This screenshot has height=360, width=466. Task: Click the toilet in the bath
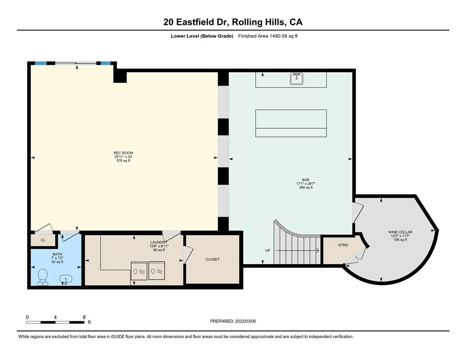43,277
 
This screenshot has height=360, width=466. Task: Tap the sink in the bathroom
66,279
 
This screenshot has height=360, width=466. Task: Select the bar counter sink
296,79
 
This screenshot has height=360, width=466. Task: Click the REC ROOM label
123,153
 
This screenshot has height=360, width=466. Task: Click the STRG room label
343,245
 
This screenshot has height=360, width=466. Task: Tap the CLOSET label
213,260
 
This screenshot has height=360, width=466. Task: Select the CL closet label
43,240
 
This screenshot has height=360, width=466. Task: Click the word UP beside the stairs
268,250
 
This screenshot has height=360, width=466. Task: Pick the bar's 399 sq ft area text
306,187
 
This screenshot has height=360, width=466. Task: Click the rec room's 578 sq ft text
123,161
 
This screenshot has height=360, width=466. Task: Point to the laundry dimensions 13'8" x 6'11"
159,246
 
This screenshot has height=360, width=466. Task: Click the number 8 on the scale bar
84,317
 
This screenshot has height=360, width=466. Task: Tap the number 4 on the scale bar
55,317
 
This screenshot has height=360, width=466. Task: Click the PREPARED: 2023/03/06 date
233,321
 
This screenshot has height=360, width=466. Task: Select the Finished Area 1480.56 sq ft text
268,36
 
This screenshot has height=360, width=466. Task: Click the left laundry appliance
139,271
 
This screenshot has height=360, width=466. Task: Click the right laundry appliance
157,271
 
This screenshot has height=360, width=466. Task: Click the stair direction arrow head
318,250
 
